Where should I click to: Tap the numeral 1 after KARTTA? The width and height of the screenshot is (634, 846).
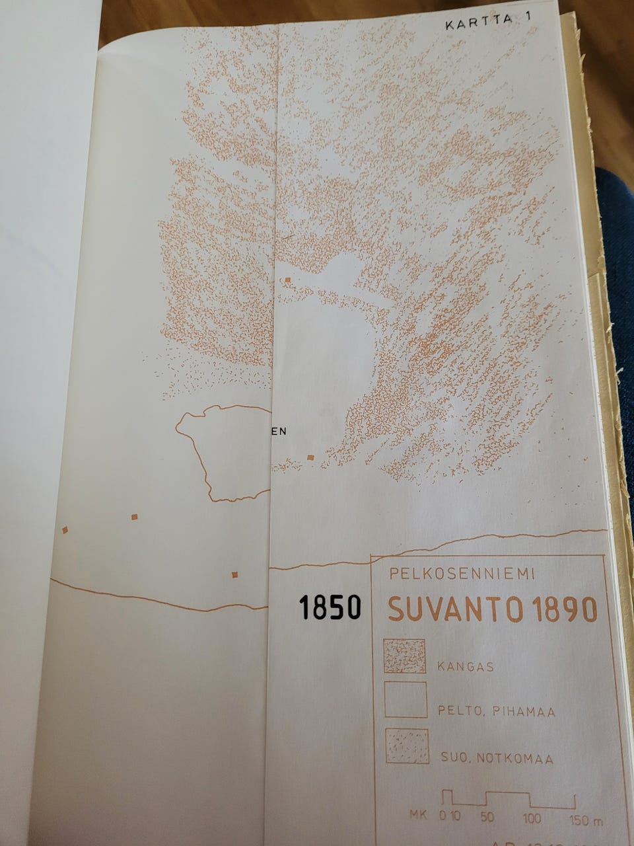tap(528, 23)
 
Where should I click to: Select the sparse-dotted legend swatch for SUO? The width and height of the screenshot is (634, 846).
tap(407, 747)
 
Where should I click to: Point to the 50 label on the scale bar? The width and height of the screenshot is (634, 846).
tap(487, 818)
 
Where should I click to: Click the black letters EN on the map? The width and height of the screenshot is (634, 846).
tap(279, 432)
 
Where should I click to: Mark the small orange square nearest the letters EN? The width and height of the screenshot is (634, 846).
tap(310, 457)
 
